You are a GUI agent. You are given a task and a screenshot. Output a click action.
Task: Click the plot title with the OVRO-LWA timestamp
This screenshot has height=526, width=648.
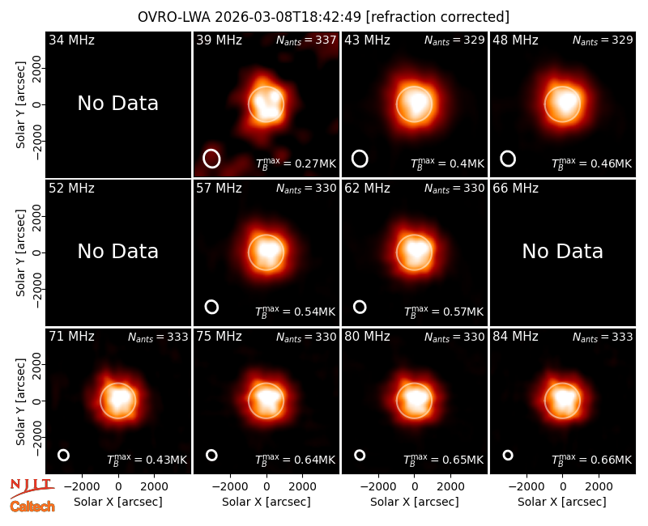coord(323,17)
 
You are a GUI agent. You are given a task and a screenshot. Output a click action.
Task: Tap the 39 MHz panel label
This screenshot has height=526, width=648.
coord(219,40)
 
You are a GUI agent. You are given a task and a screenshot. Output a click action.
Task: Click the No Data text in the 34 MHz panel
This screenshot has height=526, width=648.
coord(117,104)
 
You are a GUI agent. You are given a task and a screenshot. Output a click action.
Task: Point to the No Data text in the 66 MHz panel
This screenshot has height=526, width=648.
coord(562,252)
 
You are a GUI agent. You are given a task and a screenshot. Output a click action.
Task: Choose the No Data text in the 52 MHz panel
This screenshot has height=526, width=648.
coord(117,252)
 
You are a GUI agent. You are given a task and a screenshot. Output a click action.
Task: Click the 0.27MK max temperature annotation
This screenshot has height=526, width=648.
coord(296,163)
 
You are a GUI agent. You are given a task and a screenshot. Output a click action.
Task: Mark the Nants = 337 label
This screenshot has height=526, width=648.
coord(306,40)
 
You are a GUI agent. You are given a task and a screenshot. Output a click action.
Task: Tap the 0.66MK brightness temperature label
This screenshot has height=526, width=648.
coord(592,459)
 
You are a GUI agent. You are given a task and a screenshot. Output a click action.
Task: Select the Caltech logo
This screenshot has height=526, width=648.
coord(32,507)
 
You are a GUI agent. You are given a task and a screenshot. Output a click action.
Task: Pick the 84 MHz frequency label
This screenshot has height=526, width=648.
coord(515,337)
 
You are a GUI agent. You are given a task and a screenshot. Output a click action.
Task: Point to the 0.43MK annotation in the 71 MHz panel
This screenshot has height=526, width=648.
coord(147,459)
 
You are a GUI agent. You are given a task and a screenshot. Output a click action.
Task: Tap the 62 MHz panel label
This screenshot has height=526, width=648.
coord(368,189)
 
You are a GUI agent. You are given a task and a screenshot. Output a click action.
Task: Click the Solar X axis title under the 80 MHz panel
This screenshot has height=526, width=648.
coord(415,502)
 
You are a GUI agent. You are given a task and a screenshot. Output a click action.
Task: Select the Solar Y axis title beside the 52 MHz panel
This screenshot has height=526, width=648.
coord(21,252)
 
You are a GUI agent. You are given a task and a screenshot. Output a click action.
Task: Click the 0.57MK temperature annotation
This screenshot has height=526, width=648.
coord(444,311)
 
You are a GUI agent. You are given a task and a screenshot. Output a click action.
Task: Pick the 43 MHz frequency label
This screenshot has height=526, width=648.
coord(368,40)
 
